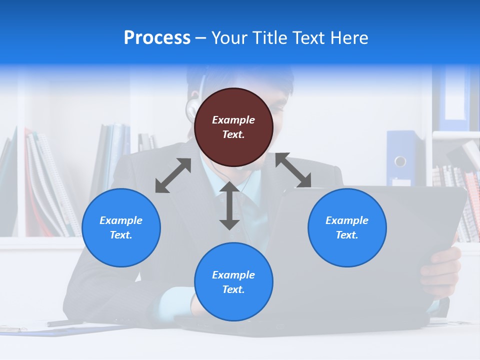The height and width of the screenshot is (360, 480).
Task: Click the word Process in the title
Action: pyautogui.click(x=157, y=38)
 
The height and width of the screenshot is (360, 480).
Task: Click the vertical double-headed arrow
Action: pyautogui.click(x=229, y=205)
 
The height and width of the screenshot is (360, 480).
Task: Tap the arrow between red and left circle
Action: pyautogui.click(x=173, y=175)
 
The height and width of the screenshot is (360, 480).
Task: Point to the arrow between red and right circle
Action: pyautogui.click(x=293, y=170)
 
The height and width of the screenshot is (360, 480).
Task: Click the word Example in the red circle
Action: pyautogui.click(x=233, y=120)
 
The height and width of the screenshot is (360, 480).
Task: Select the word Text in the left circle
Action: pyautogui.click(x=120, y=235)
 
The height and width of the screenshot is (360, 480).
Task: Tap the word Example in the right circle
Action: pyautogui.click(x=347, y=220)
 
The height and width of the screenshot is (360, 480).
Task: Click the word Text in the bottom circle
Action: pyautogui.click(x=233, y=289)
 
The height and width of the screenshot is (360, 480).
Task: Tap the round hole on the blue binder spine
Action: pyautogui.click(x=400, y=161)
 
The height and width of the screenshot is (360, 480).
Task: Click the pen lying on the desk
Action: pyautogui.click(x=65, y=323)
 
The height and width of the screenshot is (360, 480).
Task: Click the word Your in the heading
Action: pyautogui.click(x=230, y=38)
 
